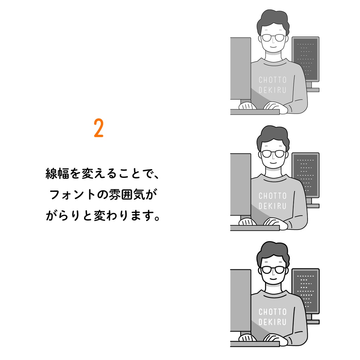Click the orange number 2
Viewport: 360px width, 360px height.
click(x=99, y=129)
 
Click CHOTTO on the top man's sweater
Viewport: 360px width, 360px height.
click(x=272, y=80)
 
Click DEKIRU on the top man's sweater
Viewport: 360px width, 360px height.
click(x=272, y=90)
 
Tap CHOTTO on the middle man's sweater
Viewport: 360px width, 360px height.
click(x=272, y=196)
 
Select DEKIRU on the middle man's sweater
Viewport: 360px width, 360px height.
click(x=272, y=206)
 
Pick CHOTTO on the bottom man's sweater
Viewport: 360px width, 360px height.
click(x=272, y=312)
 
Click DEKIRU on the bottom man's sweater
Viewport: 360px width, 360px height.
click(x=272, y=322)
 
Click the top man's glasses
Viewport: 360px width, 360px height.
click(x=272, y=38)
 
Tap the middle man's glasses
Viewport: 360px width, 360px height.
click(x=272, y=154)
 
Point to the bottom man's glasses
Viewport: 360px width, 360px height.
click(x=272, y=270)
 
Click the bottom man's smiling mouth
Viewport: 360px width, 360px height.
click(x=272, y=279)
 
